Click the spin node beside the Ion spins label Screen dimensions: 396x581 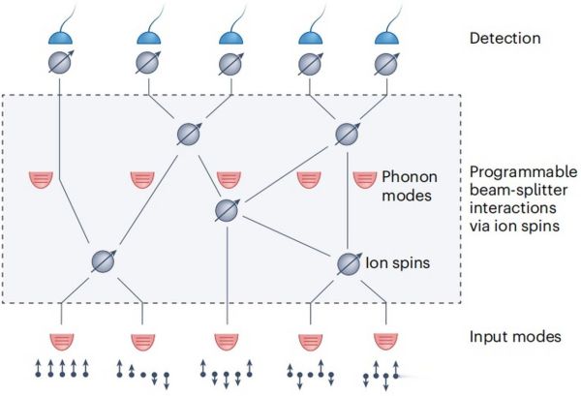pyautogui.click(x=349, y=262)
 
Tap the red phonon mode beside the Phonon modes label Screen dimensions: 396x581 pyautogui.click(x=365, y=179)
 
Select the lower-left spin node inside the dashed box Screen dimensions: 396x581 pyautogui.click(x=104, y=260)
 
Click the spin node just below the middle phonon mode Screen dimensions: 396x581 pyautogui.click(x=228, y=209)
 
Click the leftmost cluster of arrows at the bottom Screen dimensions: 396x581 pyautogui.click(x=61, y=369)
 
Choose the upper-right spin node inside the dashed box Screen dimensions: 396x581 pyautogui.click(x=349, y=133)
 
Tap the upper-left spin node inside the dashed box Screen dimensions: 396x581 pyautogui.click(x=189, y=133)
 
